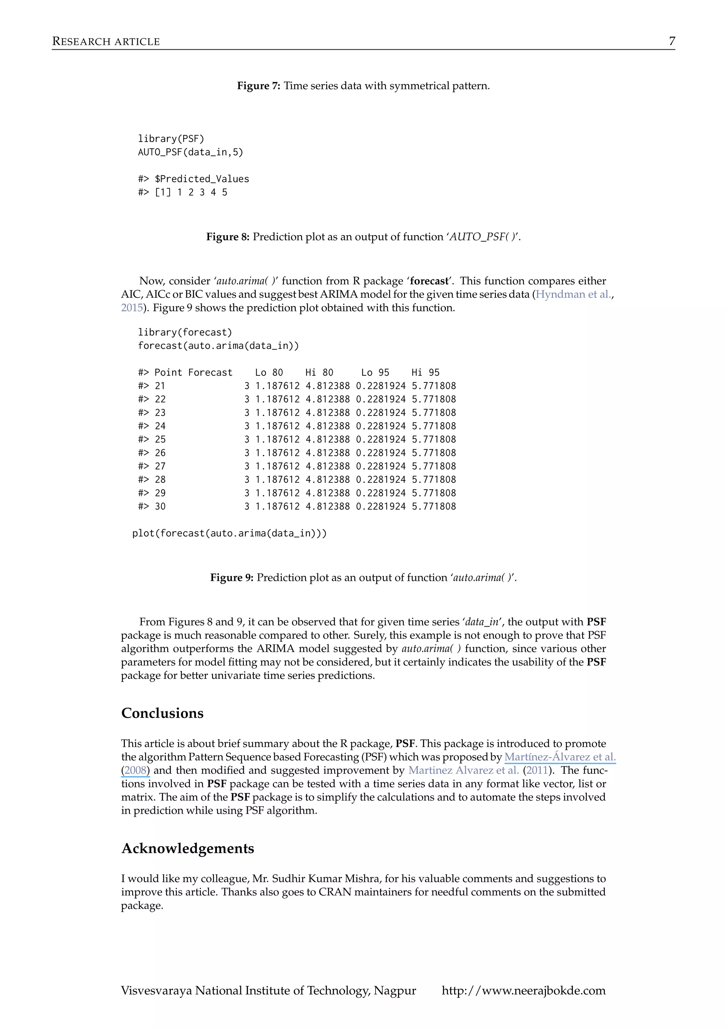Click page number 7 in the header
click(x=672, y=41)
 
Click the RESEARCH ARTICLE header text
click(x=106, y=42)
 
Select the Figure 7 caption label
click(x=258, y=86)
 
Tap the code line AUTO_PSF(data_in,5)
click(x=190, y=152)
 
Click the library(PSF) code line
click(x=171, y=138)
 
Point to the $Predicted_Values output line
click(x=193, y=179)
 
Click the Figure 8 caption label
click(x=228, y=236)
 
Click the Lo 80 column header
click(x=269, y=372)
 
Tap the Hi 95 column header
click(x=425, y=372)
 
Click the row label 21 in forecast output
click(x=160, y=386)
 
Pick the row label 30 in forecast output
click(x=160, y=506)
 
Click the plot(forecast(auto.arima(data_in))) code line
click(x=229, y=533)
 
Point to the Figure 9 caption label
click(x=231, y=577)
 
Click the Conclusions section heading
click(x=162, y=713)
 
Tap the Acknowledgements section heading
click(x=188, y=848)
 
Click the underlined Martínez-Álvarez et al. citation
click(x=559, y=757)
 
